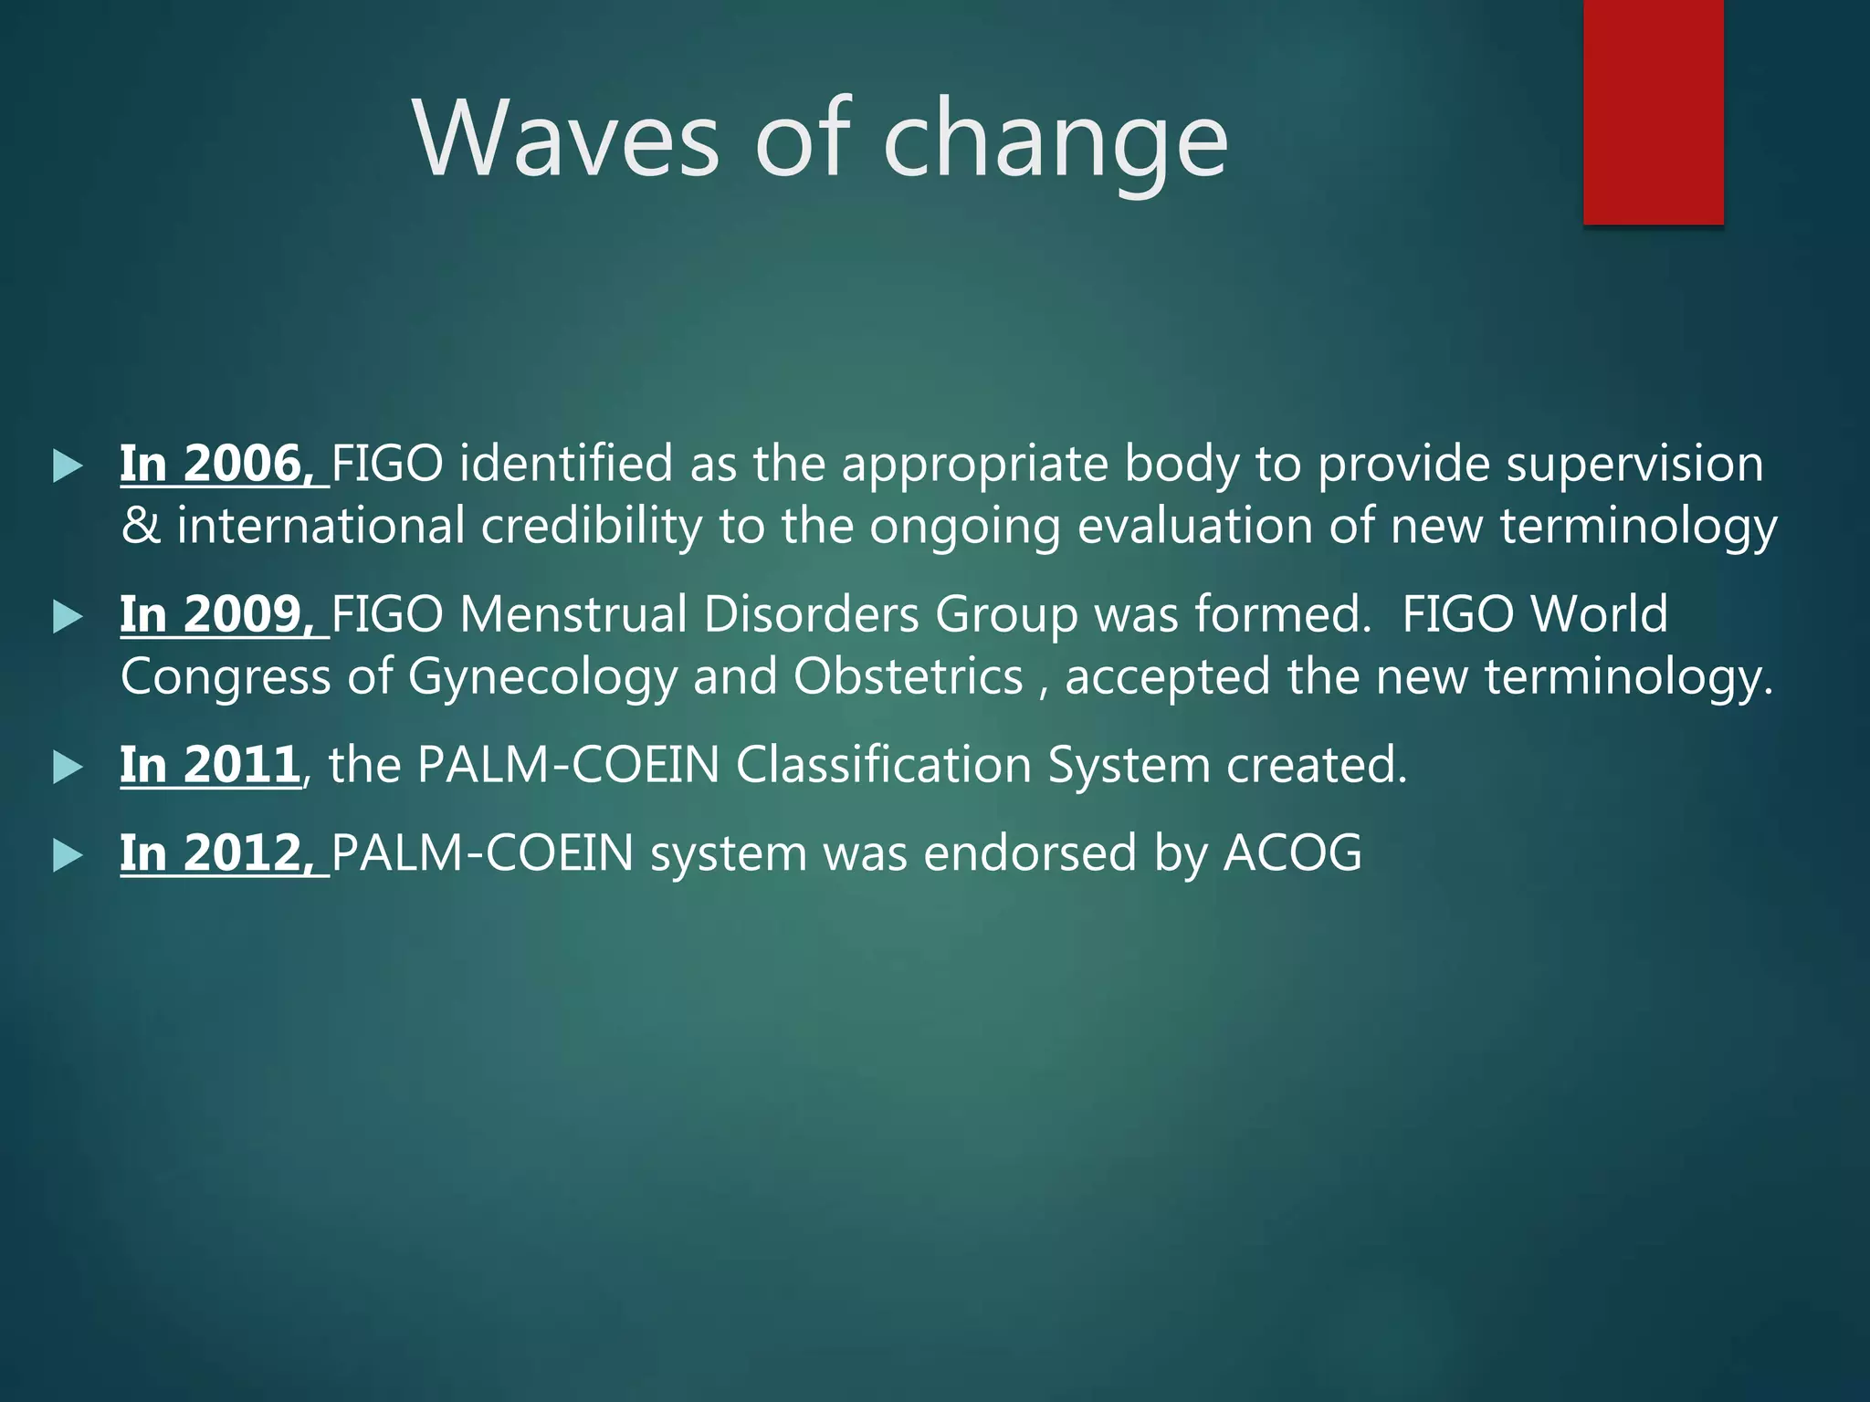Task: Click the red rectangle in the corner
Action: (x=1653, y=111)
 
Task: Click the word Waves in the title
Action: (x=567, y=140)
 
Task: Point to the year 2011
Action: (x=242, y=765)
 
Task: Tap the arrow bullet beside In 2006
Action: (x=68, y=466)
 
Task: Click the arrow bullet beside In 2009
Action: (x=68, y=617)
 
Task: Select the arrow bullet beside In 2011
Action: (x=68, y=768)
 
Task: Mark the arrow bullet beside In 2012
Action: (x=68, y=856)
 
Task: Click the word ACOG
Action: (x=1292, y=853)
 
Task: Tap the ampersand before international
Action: (x=140, y=527)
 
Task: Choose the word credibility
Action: (x=592, y=527)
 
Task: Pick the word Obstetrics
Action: (x=908, y=677)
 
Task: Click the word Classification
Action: (x=884, y=765)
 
